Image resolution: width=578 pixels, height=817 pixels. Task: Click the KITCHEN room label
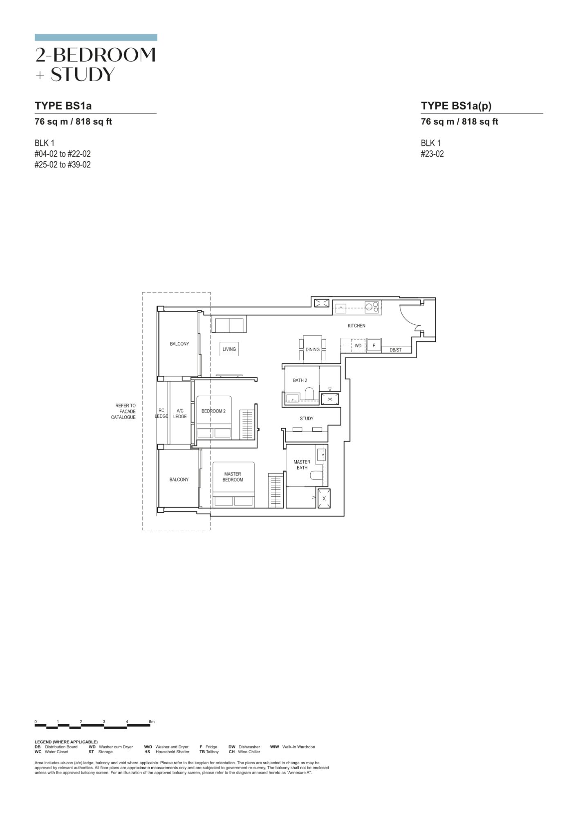(x=356, y=326)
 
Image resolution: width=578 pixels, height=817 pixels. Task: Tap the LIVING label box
(x=229, y=349)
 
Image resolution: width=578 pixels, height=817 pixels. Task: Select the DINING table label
(x=313, y=350)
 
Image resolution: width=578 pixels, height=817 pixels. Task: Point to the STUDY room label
(x=307, y=418)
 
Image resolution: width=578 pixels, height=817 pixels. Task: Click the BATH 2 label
(x=300, y=380)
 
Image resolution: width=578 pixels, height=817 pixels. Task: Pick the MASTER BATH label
(x=302, y=465)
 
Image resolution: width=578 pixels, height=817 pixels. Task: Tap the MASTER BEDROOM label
(x=233, y=477)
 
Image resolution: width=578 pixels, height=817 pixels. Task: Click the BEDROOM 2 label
(x=213, y=411)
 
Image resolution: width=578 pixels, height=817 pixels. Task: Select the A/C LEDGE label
(x=180, y=413)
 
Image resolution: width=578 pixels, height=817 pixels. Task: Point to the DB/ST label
(x=395, y=350)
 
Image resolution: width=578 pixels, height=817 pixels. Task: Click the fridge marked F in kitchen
(x=374, y=346)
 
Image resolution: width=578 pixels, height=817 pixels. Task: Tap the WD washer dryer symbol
(x=358, y=346)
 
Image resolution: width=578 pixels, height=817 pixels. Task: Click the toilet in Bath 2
(x=309, y=394)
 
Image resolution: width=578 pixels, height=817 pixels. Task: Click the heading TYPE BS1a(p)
(x=456, y=106)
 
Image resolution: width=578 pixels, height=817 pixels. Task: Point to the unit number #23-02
(x=432, y=154)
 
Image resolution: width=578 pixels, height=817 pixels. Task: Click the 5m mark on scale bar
(x=152, y=722)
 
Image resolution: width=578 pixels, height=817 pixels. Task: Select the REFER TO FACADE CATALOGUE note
(x=123, y=411)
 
